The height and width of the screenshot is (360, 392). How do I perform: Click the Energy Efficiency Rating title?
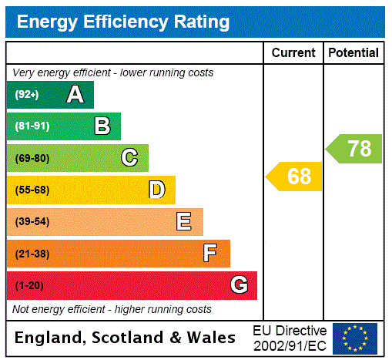pos(123,22)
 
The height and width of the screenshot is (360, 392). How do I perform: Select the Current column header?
pos(293,53)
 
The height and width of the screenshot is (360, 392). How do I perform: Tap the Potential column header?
pos(353,53)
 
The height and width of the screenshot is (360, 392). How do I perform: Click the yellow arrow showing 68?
pos(296,177)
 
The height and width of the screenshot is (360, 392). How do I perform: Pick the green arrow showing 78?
pos(356,148)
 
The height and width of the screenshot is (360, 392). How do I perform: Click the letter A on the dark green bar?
pos(75,95)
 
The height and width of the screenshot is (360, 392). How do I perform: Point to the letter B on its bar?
pos(102,126)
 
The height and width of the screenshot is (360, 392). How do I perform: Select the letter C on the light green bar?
pos(129,158)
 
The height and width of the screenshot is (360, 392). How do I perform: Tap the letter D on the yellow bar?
pos(156,190)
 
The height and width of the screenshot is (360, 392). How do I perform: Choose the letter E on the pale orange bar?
pos(184,222)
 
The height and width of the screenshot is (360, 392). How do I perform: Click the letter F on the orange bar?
pos(210,254)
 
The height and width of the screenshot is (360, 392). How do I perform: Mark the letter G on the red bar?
pos(239,285)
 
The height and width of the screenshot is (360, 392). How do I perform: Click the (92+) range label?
pos(27,95)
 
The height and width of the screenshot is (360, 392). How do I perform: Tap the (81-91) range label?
pos(32,126)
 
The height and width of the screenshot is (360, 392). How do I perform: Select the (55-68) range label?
pos(32,190)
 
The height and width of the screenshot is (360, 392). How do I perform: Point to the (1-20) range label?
pos(29,286)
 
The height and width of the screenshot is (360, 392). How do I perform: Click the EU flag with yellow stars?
pos(355,338)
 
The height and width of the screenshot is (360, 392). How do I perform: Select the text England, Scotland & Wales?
pos(126,338)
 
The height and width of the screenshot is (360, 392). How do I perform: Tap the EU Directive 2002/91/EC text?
pos(290,338)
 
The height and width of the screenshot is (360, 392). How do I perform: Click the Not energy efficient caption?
pos(112,309)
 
